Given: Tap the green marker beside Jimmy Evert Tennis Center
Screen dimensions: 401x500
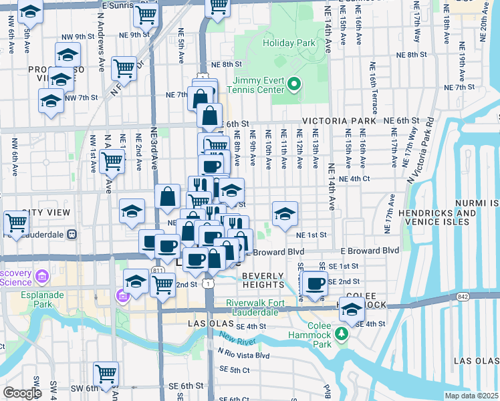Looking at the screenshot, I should click(295, 86).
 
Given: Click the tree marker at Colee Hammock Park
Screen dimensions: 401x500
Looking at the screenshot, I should click(342, 332).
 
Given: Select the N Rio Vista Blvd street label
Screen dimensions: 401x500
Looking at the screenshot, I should click(243, 355).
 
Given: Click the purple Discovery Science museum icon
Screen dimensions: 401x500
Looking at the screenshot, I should click(41, 276).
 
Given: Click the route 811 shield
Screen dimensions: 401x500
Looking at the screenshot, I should click(158, 269).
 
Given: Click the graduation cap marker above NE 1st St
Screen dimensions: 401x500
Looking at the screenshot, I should click(285, 214).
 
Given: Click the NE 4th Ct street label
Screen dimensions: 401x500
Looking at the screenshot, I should click(354, 179).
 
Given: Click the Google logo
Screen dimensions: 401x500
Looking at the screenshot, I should click(21, 393).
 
